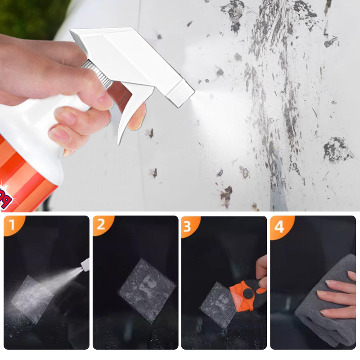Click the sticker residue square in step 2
click(x=146, y=290)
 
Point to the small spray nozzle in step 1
click(x=85, y=265)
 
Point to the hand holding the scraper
click(x=261, y=270)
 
